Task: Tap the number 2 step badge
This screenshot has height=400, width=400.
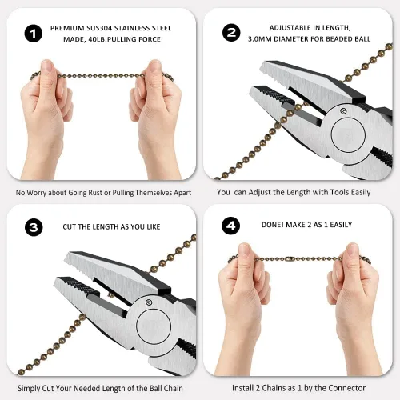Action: pyautogui.click(x=231, y=33)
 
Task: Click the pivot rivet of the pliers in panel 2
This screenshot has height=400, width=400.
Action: pyautogui.click(x=343, y=111)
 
